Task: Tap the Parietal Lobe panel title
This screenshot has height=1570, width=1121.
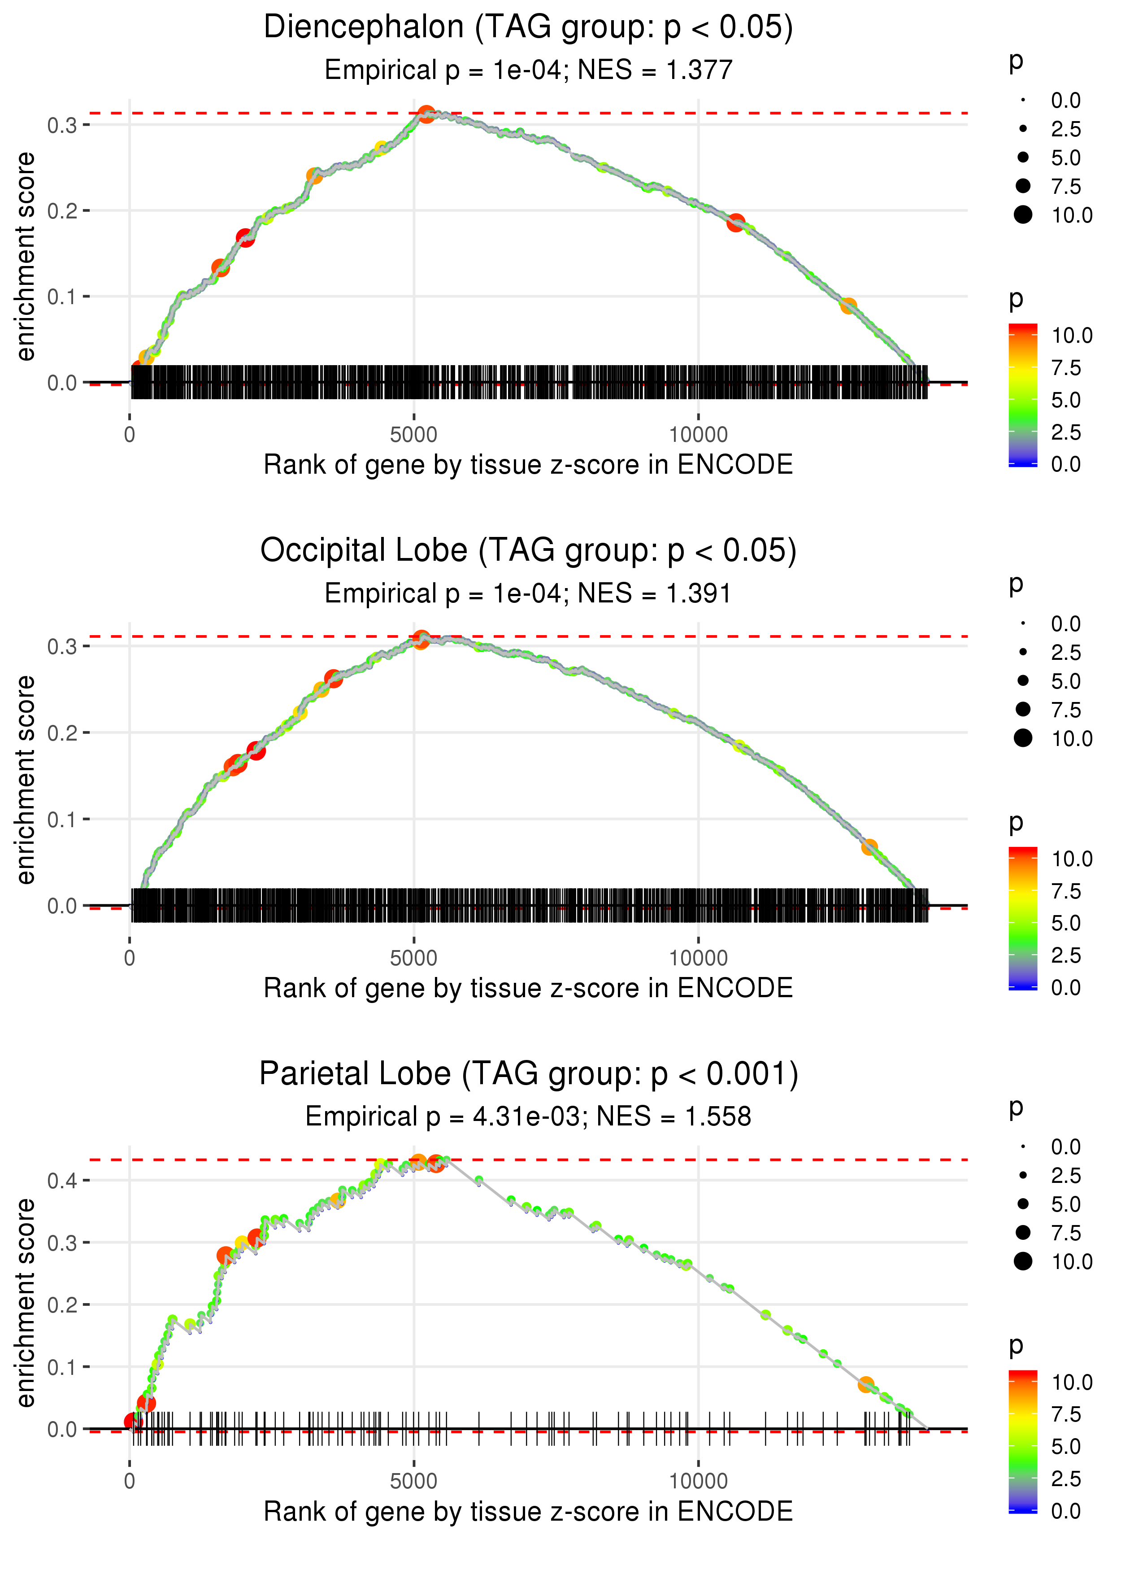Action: [528, 1074]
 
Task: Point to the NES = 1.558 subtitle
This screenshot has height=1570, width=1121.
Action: [528, 1116]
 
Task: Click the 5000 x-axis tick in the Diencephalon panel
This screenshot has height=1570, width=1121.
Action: [413, 435]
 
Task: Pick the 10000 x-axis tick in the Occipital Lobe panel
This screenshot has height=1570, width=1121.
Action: [698, 958]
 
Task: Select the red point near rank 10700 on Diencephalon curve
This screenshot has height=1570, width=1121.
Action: [736, 223]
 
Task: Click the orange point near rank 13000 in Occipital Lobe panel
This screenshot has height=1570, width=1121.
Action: [869, 846]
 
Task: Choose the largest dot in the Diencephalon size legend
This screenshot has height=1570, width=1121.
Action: [1023, 215]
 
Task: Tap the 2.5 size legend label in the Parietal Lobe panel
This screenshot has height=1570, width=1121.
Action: [1066, 1176]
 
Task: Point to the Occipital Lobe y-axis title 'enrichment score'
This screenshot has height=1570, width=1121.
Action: [26, 780]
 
